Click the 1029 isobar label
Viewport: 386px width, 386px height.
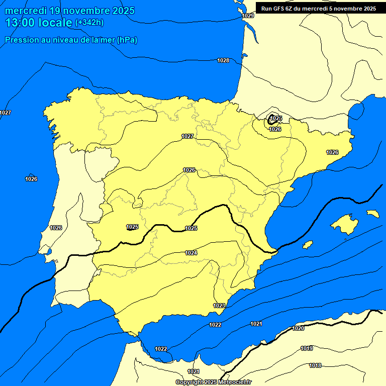pyautogui.click(x=248, y=16)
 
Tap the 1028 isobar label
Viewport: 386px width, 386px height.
pyautogui.click(x=223, y=61)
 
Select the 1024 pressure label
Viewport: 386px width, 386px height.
pyautogui.click(x=191, y=253)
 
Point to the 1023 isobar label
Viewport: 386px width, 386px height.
pyautogui.click(x=219, y=306)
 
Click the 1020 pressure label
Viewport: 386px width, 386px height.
pyautogui.click(x=298, y=328)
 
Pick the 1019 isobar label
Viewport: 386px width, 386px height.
pyautogui.click(x=307, y=348)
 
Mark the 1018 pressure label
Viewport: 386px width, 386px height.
pyautogui.click(x=315, y=365)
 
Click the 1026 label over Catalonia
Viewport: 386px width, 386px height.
pyautogui.click(x=332, y=152)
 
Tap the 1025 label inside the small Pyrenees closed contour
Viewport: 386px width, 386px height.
pyautogui.click(x=276, y=119)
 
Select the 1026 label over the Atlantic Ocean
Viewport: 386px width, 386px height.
pyautogui.click(x=31, y=179)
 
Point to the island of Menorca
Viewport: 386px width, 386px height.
pyautogui.click(x=373, y=214)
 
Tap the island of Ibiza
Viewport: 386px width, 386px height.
pyautogui.click(x=308, y=245)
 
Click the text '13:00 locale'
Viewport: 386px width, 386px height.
pyautogui.click(x=38, y=23)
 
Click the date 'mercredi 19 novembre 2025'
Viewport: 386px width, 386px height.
pyautogui.click(x=70, y=11)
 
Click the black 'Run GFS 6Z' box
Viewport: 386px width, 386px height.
pyautogui.click(x=318, y=9)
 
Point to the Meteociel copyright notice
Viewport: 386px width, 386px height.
pyautogui.click(x=214, y=382)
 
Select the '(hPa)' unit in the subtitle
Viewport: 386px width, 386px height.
pyautogui.click(x=127, y=40)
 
